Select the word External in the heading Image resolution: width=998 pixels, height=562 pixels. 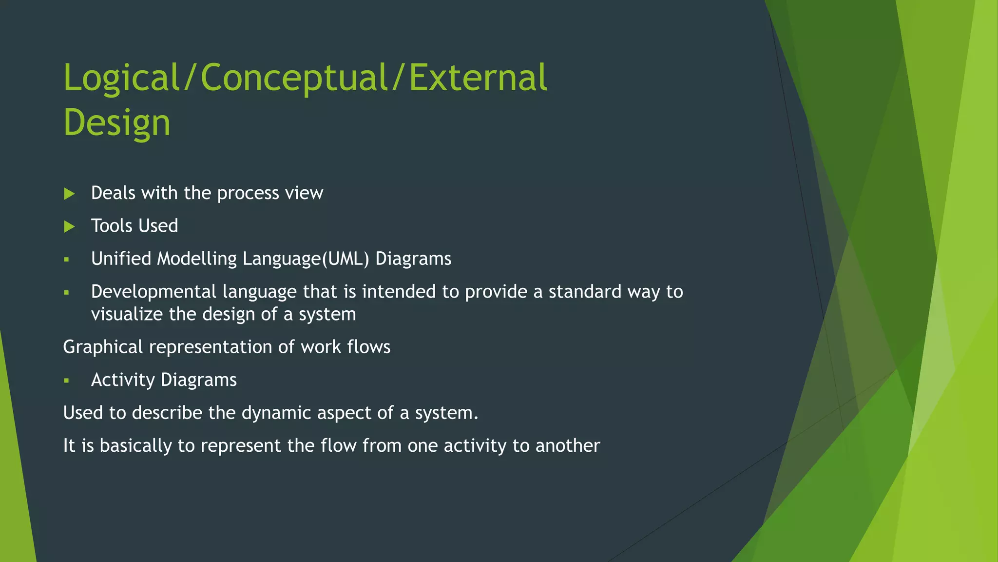point(478,78)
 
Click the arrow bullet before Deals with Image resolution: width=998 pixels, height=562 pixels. point(69,194)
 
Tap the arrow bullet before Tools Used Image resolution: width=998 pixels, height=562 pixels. point(69,226)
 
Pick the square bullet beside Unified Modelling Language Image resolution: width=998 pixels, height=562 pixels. point(67,260)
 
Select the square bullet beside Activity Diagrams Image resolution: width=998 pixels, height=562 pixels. point(67,381)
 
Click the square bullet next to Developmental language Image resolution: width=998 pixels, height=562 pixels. point(67,293)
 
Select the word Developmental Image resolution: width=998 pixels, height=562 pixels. point(154,292)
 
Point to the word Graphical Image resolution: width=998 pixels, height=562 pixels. point(103,347)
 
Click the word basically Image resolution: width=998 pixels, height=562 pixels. point(135,446)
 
